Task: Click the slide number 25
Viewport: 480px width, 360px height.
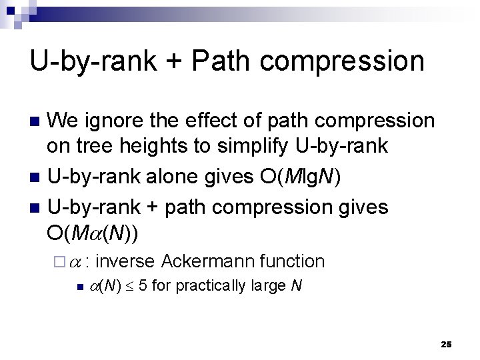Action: coord(446,344)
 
